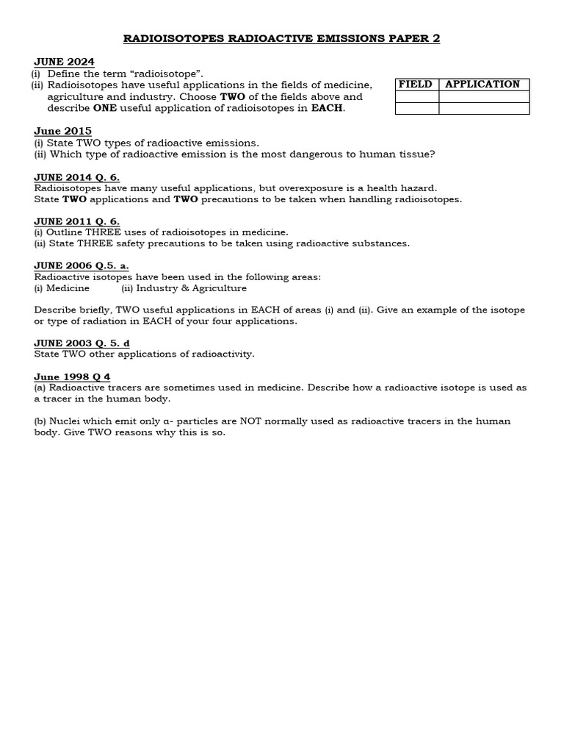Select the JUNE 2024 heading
64,62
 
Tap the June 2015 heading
62,131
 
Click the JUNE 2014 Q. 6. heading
76,177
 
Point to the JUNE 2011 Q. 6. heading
76,221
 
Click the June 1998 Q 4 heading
72,376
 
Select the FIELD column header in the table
416,85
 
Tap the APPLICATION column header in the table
482,85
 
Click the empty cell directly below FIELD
416,97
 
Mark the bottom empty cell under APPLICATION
483,109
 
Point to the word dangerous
319,154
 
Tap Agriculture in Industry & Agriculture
217,288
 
